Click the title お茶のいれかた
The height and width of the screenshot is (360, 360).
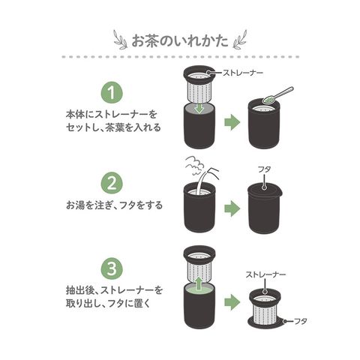tap(180, 41)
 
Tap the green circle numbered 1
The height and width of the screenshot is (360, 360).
tap(112, 92)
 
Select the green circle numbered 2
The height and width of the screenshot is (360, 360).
tap(112, 183)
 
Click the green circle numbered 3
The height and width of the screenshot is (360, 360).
tap(112, 269)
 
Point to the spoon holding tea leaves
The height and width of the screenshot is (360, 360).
tap(277, 95)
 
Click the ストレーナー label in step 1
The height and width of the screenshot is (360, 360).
tap(243, 73)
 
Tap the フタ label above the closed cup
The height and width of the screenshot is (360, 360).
tap(265, 169)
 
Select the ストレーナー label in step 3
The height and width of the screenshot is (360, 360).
tap(265, 274)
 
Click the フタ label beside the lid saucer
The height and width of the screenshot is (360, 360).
tap(300, 321)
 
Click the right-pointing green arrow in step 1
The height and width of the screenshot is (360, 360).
tap(232, 122)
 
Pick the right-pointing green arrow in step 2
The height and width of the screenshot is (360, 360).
tap(232, 208)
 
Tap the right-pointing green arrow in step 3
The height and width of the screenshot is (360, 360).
tap(232, 302)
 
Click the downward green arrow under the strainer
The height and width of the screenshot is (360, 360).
tap(199, 108)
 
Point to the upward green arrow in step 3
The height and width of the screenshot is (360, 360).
tap(199, 283)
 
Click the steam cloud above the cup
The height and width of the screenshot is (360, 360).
tap(193, 164)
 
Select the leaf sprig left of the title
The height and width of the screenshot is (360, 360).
tap(121, 40)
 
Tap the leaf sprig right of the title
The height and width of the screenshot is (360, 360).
tap(240, 40)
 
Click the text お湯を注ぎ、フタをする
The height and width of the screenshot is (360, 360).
tap(114, 205)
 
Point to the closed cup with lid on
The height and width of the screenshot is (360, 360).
tap(265, 208)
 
